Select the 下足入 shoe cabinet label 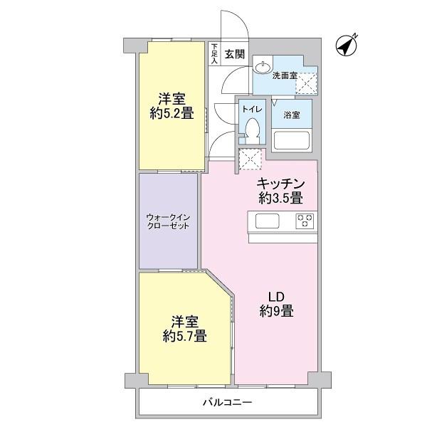pyautogui.click(x=213, y=53)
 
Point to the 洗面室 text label pyautogui.click(x=284, y=73)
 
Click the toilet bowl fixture pyautogui.click(x=251, y=129)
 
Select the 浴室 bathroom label pyautogui.click(x=292, y=115)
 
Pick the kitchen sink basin pyautogui.click(x=268, y=221)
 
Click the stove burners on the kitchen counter pyautogui.click(x=305, y=221)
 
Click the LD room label pyautogui.click(x=277, y=296)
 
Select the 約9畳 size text pyautogui.click(x=277, y=311)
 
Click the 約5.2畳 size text pyautogui.click(x=172, y=112)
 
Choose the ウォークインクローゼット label pyautogui.click(x=169, y=221)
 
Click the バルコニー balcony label pyautogui.click(x=227, y=402)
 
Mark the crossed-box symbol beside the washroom pyautogui.click(x=307, y=83)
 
